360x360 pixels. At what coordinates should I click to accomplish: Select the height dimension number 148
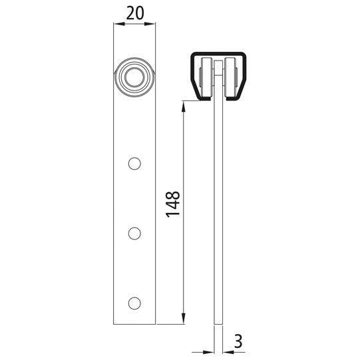(172, 204)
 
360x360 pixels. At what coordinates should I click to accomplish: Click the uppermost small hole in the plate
(134, 163)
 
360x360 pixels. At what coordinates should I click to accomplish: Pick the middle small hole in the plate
(134, 233)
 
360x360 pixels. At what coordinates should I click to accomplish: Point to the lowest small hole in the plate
(134, 303)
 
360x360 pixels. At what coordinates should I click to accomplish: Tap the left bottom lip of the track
(202, 98)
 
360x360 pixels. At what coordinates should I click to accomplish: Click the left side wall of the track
(190, 73)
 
